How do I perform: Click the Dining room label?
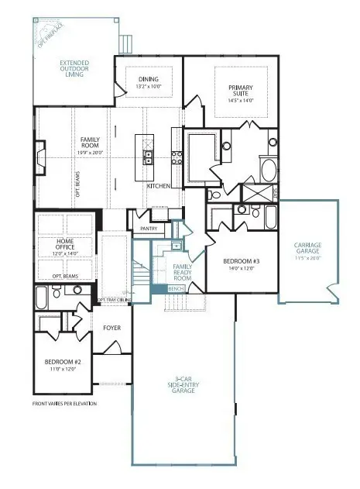pos(148,79)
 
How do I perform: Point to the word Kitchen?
pos(159,187)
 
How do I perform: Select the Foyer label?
pos(111,328)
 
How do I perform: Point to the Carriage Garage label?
pos(307,250)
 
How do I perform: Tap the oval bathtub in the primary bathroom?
pos(267,168)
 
